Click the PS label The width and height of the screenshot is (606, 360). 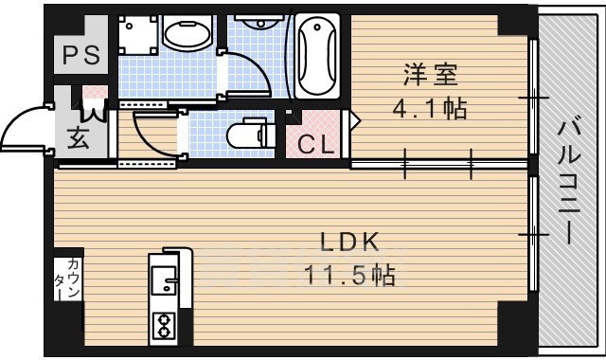[80, 56]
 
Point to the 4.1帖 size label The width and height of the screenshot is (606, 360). [430, 109]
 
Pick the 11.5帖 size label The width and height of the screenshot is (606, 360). [348, 277]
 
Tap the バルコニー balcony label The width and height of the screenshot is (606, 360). [570, 180]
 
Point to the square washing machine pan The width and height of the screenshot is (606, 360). [138, 35]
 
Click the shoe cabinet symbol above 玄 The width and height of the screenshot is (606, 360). [98, 97]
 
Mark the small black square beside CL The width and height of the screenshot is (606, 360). [293, 117]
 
